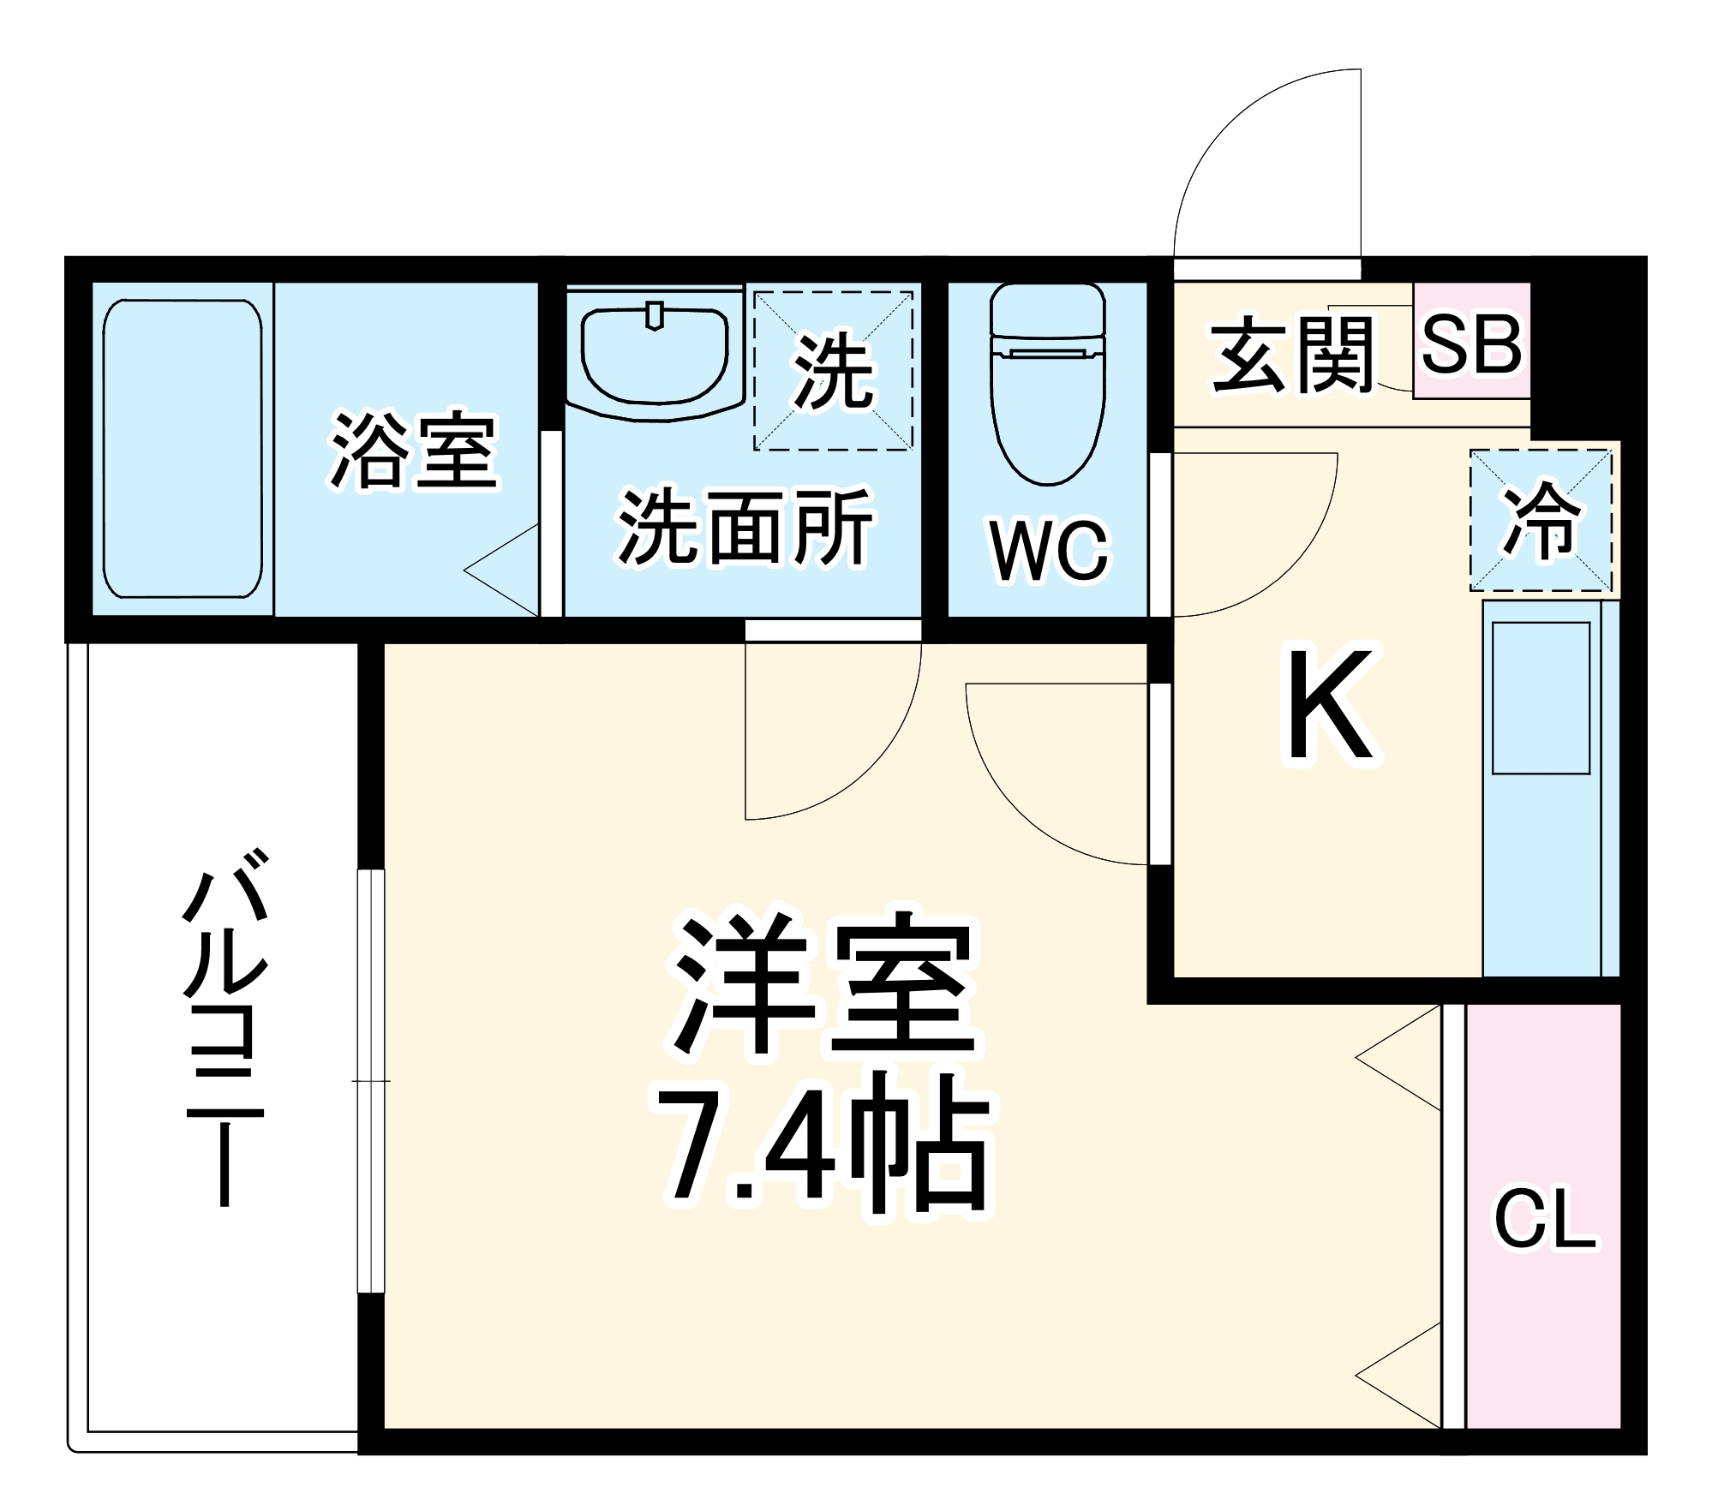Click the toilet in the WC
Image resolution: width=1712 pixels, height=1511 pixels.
pyautogui.click(x=1047, y=385)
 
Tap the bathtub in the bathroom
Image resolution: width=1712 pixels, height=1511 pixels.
pyautogui.click(x=182, y=448)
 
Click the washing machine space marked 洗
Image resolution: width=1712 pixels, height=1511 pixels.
pyautogui.click(x=833, y=370)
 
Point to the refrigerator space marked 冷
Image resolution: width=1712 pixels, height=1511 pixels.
pyautogui.click(x=1541, y=520)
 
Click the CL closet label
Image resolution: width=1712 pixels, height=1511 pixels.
pyautogui.click(x=1545, y=1219)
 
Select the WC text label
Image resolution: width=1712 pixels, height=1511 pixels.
pyautogui.click(x=1049, y=550)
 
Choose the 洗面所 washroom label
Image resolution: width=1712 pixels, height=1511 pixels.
pyautogui.click(x=744, y=527)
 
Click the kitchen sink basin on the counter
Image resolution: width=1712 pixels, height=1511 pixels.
pyautogui.click(x=1541, y=698)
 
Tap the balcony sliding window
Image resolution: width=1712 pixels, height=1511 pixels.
pyautogui.click(x=371, y=1081)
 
